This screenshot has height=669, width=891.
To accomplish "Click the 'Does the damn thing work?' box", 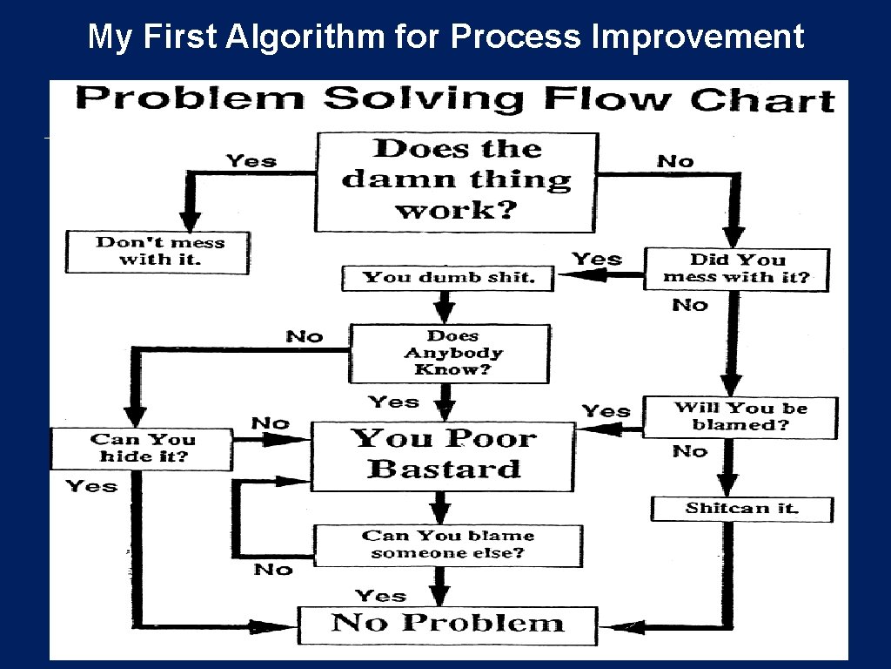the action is tap(456, 181).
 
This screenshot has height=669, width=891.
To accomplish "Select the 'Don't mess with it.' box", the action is tap(157, 252).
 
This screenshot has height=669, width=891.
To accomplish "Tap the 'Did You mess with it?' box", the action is tap(736, 269).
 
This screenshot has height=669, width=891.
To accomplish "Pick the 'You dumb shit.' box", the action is tap(448, 278).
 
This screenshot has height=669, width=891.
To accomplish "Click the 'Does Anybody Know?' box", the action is tap(450, 353).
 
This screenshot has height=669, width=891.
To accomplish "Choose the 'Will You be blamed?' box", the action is tap(740, 417).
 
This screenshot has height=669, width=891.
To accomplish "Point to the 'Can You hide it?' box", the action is tap(142, 449).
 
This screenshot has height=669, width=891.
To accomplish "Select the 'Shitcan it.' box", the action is tap(742, 509).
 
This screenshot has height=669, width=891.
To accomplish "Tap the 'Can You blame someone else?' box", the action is tap(447, 545).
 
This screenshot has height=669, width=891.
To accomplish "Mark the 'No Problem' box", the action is tap(447, 624).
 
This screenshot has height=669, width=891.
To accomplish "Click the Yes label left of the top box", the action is tap(251, 161).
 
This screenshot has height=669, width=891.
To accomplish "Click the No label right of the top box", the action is tap(675, 161).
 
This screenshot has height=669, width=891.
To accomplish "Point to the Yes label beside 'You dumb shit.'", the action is tap(597, 259).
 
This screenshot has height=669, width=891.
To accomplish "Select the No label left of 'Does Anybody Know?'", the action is tap(305, 336).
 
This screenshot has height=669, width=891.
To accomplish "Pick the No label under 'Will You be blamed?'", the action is tap(690, 451).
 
